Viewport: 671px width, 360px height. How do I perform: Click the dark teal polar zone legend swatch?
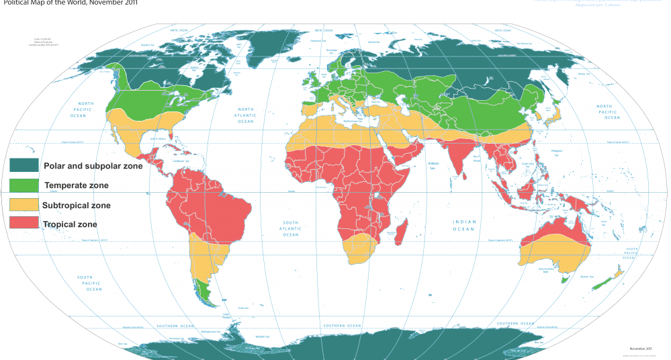(x=24, y=166)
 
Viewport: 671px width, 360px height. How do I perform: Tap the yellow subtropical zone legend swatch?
(x=24, y=205)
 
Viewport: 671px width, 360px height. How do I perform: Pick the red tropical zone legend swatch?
(x=24, y=224)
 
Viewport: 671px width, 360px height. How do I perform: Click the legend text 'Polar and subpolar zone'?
(x=93, y=166)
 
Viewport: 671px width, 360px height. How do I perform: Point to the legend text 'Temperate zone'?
(x=76, y=185)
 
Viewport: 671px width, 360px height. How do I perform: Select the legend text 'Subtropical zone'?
(x=76, y=205)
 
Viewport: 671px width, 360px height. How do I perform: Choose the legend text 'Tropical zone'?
(x=70, y=224)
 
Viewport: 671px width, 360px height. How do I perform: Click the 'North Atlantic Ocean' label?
(x=245, y=115)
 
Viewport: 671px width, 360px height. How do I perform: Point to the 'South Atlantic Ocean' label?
(x=290, y=228)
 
